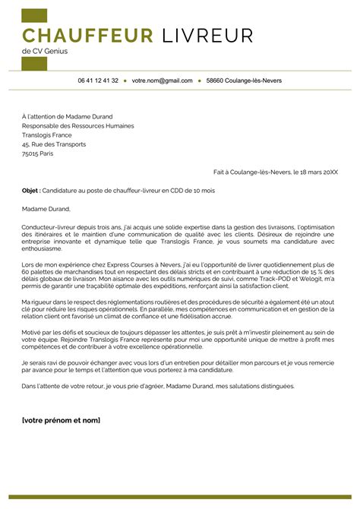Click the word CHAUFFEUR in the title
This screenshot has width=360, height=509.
click(87, 35)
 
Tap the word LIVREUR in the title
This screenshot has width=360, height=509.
click(207, 35)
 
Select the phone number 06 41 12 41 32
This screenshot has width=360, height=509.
click(98, 80)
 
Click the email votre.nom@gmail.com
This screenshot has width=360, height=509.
click(162, 80)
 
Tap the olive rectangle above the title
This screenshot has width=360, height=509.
click(34, 15)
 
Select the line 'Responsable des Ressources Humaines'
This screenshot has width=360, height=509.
click(77, 125)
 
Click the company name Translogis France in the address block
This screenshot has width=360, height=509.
click(52, 134)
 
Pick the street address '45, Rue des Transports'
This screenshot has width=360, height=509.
click(54, 144)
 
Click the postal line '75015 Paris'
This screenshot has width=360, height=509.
click(39, 153)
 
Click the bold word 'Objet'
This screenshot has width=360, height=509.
click(30, 190)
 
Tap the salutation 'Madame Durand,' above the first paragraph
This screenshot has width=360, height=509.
click(46, 208)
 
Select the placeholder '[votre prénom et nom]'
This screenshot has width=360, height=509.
click(61, 420)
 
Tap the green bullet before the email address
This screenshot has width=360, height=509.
click(125, 80)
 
